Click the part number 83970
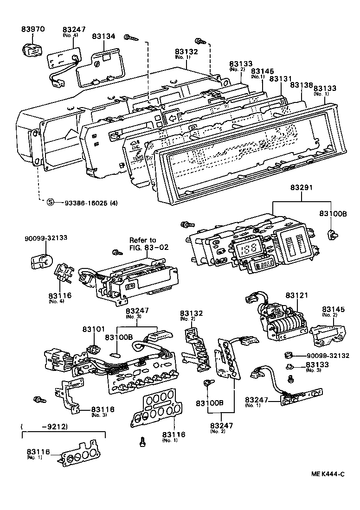pos(32,29)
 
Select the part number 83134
pos(103,37)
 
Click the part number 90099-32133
pos(46,238)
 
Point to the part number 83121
pos(296,295)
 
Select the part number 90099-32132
pos(328,356)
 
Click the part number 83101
pos(94,329)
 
